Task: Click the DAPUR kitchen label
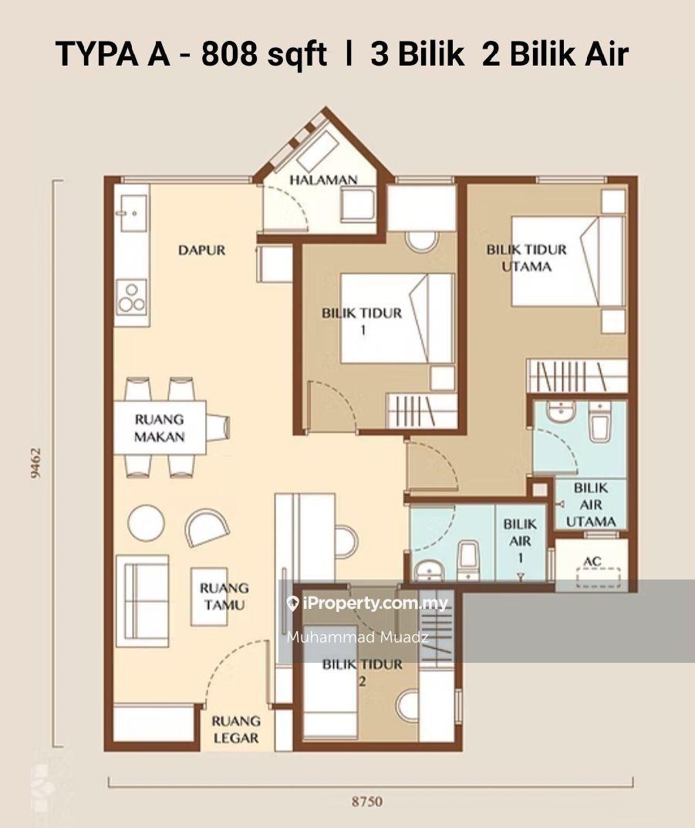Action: pyautogui.click(x=201, y=250)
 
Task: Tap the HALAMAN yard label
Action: pyautogui.click(x=323, y=180)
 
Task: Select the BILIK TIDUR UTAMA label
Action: pyautogui.click(x=526, y=258)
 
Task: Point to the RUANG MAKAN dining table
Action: pyautogui.click(x=160, y=428)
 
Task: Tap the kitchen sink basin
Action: pyautogui.click(x=133, y=213)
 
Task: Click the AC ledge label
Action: pyautogui.click(x=592, y=561)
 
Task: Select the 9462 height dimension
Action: pyautogui.click(x=36, y=463)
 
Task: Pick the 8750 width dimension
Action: pyautogui.click(x=366, y=802)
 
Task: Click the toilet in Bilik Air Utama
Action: pyautogui.click(x=601, y=422)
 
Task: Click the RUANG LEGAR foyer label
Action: pyautogui.click(x=236, y=729)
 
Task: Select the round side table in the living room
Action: pyautogui.click(x=147, y=523)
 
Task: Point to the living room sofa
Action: pyautogui.click(x=142, y=600)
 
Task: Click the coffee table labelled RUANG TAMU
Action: pyautogui.click(x=210, y=596)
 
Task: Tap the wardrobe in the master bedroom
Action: pyautogui.click(x=577, y=376)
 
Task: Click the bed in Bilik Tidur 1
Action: pyautogui.click(x=396, y=318)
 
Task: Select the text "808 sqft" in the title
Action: pyautogui.click(x=264, y=54)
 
